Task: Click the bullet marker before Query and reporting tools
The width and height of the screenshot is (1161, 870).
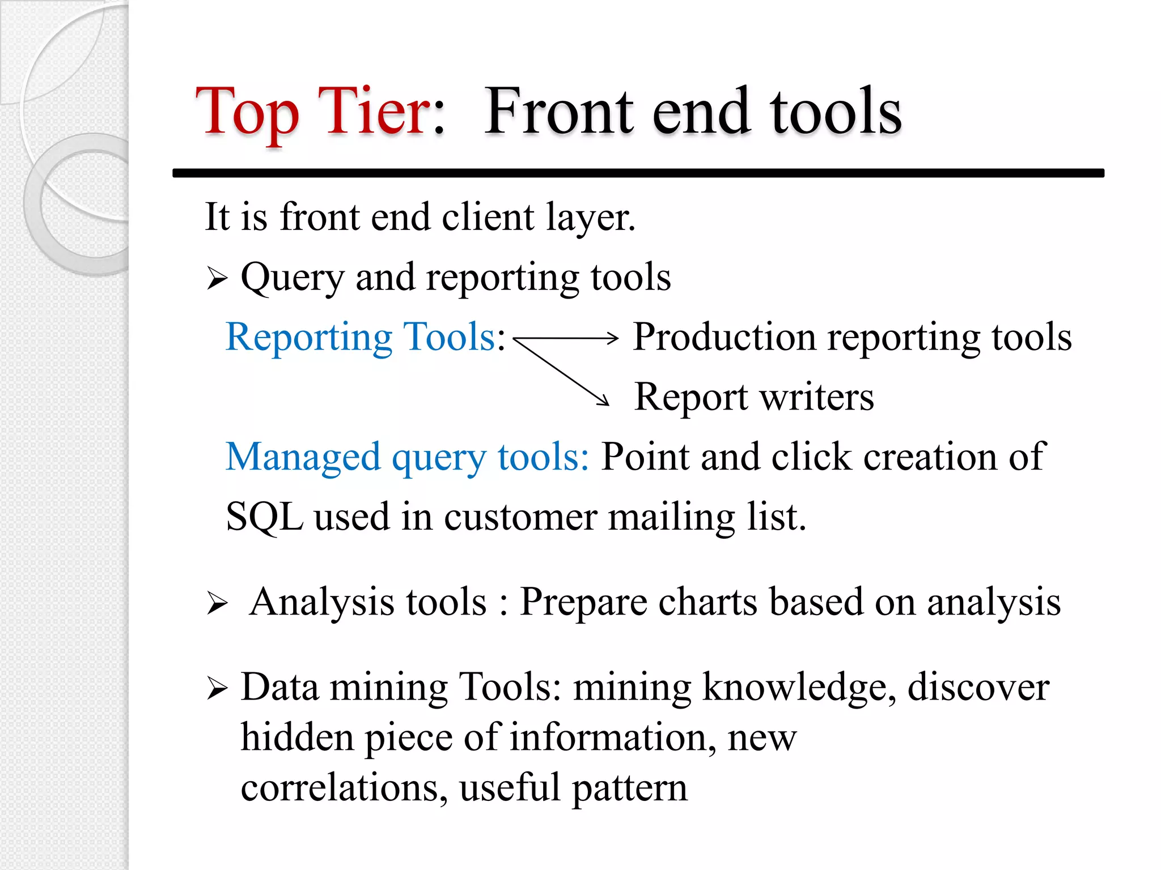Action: tap(217, 279)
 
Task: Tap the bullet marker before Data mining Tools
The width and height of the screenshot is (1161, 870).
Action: tap(217, 688)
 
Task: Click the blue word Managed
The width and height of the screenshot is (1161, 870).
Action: tap(303, 457)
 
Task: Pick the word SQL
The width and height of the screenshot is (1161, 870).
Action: tap(264, 517)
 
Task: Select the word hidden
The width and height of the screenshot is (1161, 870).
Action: tap(297, 737)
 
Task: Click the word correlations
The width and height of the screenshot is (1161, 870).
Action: tap(340, 788)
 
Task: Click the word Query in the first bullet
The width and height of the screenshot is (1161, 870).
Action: tap(292, 279)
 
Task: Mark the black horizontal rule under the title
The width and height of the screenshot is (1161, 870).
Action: tap(638, 173)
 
